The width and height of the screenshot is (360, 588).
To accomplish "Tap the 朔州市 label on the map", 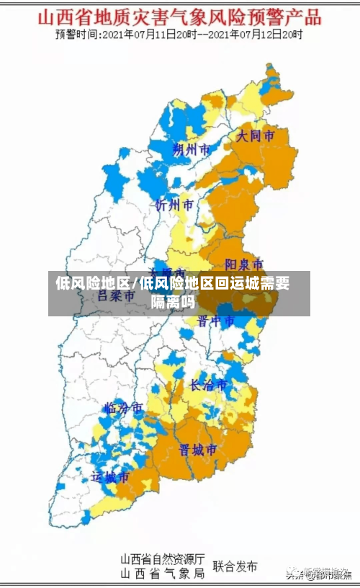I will (x=192, y=150).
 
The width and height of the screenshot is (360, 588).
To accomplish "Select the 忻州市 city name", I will (x=174, y=205).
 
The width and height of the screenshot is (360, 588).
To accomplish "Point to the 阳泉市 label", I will (x=244, y=264).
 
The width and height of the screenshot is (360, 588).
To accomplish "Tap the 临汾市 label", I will (x=124, y=408).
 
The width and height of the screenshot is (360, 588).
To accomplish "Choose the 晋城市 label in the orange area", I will (x=198, y=449).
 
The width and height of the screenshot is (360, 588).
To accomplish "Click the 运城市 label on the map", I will (x=110, y=476).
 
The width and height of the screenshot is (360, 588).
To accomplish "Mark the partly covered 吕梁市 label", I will (x=115, y=295).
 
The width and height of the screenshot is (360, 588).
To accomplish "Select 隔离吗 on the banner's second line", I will (x=173, y=302).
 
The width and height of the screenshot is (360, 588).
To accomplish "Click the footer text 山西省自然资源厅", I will (x=162, y=558).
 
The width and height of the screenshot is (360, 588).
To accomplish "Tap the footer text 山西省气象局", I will (x=162, y=573).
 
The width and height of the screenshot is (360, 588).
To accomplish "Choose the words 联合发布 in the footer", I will (x=235, y=566).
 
